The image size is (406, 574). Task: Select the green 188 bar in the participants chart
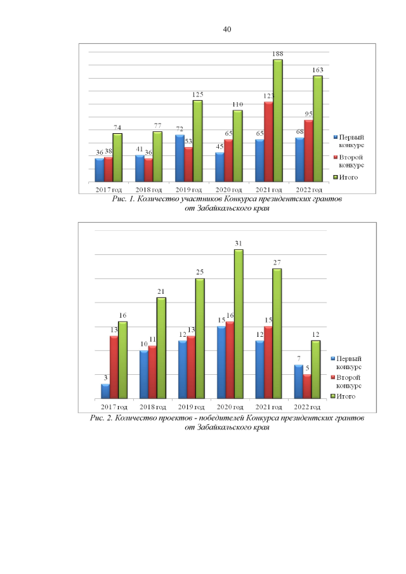(x=278, y=121)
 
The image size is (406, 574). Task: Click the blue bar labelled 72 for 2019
(x=180, y=158)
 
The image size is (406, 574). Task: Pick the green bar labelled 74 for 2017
(x=117, y=157)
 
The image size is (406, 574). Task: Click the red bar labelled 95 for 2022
(x=308, y=150)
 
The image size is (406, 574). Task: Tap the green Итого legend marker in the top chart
(x=336, y=177)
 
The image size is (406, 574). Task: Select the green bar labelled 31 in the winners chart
(x=239, y=323)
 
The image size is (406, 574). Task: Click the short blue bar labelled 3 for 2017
(x=105, y=391)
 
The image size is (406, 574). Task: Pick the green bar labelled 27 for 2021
(x=277, y=333)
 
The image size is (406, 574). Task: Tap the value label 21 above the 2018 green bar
(x=161, y=291)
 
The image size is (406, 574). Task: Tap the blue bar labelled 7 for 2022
(x=299, y=381)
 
